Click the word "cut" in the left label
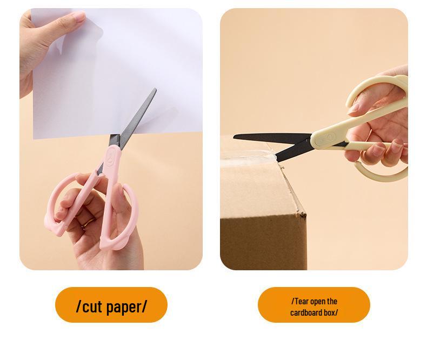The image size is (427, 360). click(x=92, y=306)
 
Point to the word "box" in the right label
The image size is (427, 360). click(x=330, y=312)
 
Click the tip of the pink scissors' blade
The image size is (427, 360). click(x=155, y=90)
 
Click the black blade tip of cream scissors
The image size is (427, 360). click(x=236, y=136)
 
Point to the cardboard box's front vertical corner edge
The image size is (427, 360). click(x=306, y=227)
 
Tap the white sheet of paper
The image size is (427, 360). click(x=124, y=59)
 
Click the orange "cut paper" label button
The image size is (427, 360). click(x=111, y=305)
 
